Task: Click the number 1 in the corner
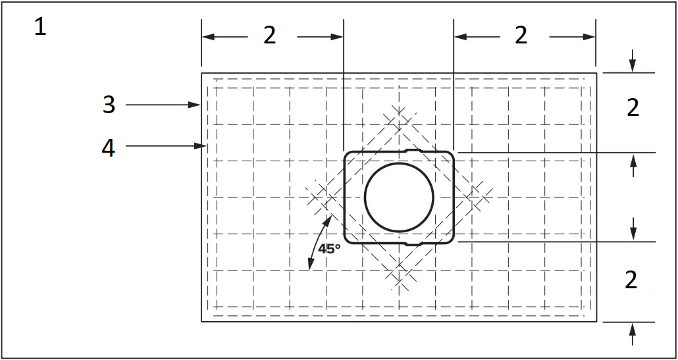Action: (40, 27)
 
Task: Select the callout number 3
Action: (109, 105)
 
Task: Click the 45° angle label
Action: (329, 249)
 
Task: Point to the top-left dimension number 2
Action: (270, 36)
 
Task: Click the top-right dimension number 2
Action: (521, 36)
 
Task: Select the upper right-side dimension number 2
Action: (633, 108)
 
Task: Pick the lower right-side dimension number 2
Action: (631, 280)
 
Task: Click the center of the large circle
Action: (399, 197)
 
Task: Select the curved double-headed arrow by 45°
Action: (317, 244)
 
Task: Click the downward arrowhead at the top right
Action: (633, 66)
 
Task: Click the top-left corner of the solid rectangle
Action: (201, 73)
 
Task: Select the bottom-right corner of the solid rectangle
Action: (596, 321)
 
